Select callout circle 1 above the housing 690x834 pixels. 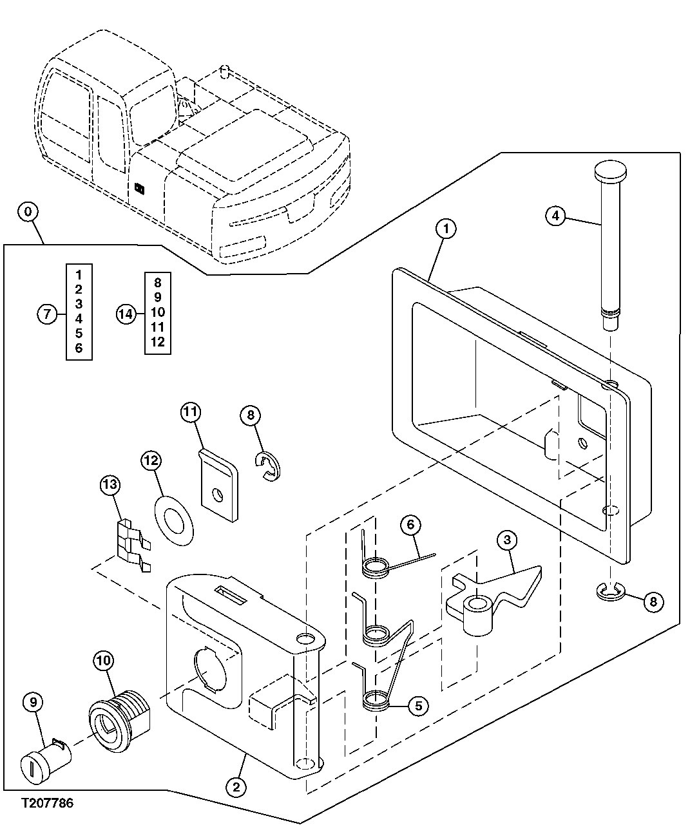(445, 228)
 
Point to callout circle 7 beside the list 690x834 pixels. (46, 314)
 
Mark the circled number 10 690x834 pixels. (104, 659)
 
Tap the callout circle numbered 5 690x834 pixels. (417, 705)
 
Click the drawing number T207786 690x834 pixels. (47, 803)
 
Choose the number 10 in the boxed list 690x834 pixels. (158, 312)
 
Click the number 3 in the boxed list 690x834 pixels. (79, 303)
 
